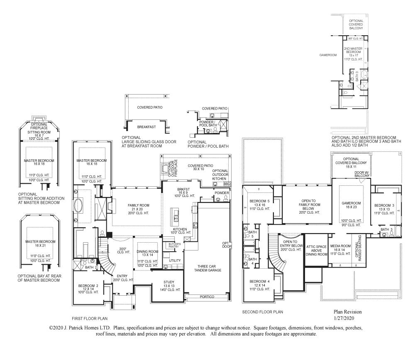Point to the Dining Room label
148,252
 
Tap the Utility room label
175,260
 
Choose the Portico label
207,297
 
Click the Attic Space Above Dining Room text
317,250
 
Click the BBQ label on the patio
227,183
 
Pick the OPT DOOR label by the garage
226,245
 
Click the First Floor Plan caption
90,319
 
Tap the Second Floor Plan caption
262,311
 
